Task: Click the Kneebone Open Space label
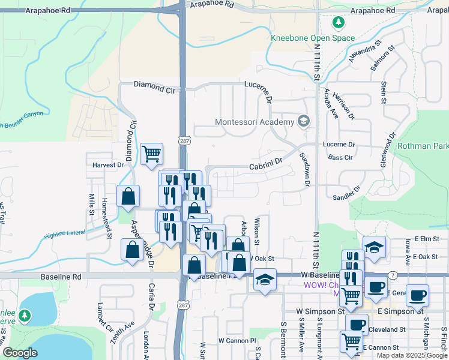point(313,38)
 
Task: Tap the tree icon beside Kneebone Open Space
point(339,23)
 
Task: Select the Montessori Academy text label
point(255,122)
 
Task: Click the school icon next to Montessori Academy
point(303,122)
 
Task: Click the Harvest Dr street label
point(107,164)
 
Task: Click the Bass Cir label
point(340,157)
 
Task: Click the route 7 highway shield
point(392,274)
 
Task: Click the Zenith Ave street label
point(115,331)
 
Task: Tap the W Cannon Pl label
point(237,340)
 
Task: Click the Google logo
point(20,353)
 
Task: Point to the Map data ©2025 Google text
point(411,355)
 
